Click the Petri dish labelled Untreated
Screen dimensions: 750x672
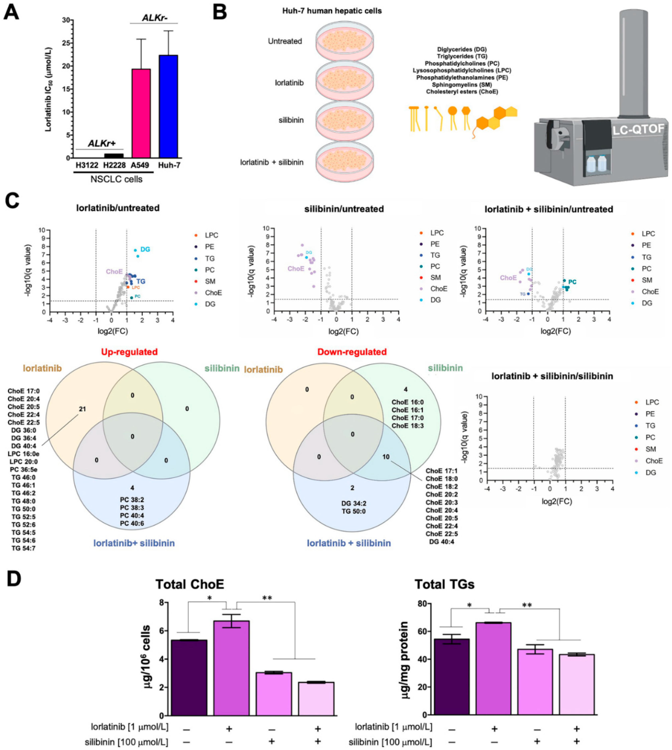coord(345,42)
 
